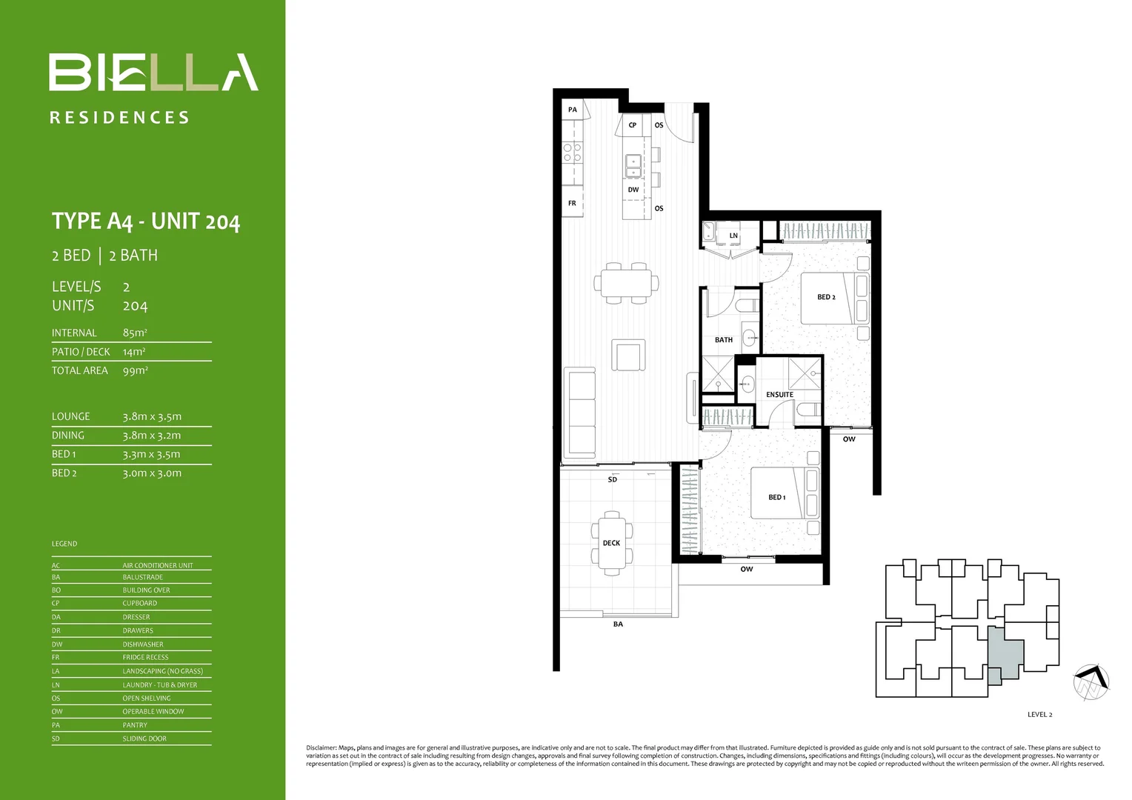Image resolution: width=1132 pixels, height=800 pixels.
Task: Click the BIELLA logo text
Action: (x=153, y=73)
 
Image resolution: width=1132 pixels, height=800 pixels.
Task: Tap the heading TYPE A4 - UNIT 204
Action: (x=146, y=221)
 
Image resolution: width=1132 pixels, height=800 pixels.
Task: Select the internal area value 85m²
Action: (x=135, y=333)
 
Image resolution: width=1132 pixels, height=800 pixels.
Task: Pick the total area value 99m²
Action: (x=136, y=370)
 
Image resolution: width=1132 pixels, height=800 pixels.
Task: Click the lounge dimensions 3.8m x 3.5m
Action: (x=152, y=417)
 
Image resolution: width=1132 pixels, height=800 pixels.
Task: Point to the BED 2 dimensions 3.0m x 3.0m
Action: (x=152, y=473)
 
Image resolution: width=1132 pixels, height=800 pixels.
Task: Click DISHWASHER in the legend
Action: (x=143, y=644)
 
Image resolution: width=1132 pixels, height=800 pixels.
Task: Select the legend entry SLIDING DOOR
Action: (x=144, y=739)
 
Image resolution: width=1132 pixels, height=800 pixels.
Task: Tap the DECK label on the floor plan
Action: (x=611, y=543)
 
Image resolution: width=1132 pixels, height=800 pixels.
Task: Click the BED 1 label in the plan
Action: (x=776, y=497)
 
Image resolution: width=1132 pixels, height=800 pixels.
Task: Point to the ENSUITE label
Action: (x=779, y=395)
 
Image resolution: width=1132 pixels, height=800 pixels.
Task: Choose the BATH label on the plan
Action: (x=723, y=340)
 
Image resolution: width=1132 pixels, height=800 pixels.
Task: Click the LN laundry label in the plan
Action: (x=733, y=236)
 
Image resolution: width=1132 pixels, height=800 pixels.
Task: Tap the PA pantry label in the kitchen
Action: (x=572, y=110)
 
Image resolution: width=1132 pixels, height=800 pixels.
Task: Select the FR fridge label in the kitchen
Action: (x=572, y=203)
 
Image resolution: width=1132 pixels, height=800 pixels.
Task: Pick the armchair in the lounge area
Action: (x=628, y=355)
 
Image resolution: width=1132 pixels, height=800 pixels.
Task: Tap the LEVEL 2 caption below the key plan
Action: (x=1039, y=715)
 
